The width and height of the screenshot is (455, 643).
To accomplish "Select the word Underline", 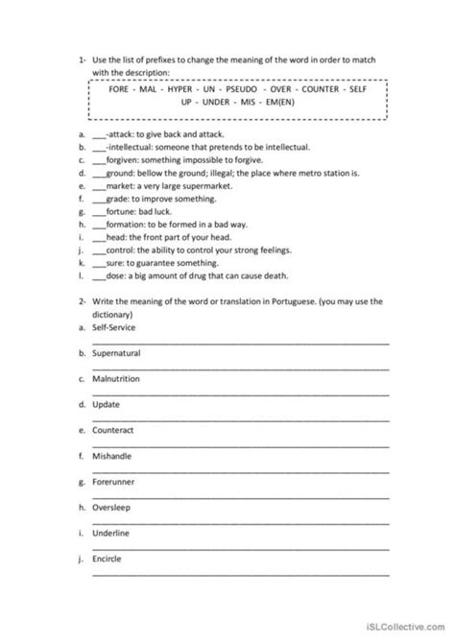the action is tap(112, 532).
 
